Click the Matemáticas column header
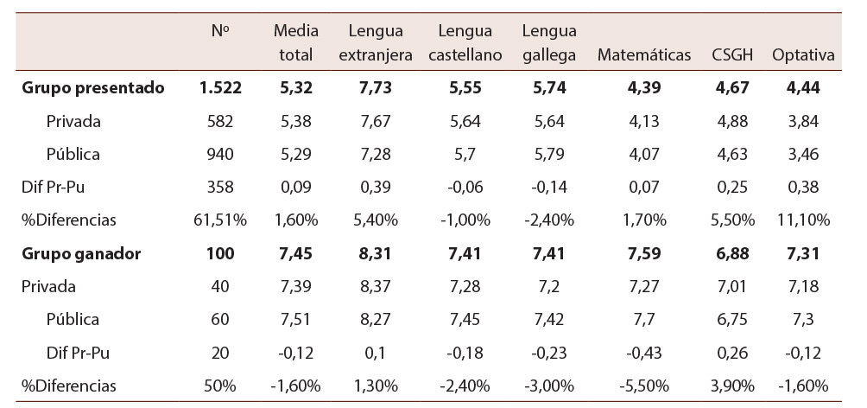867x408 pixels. (644, 55)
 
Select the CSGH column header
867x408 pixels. (732, 55)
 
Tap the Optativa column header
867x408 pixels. (803, 55)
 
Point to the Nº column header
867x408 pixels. (220, 31)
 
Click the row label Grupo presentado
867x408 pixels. (92, 88)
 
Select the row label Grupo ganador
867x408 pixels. (81, 254)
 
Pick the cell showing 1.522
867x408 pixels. (220, 88)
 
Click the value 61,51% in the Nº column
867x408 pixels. (220, 220)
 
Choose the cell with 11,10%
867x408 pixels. (803, 220)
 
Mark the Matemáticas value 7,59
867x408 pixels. (644, 254)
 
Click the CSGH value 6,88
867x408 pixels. (732, 254)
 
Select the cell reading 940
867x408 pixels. (220, 155)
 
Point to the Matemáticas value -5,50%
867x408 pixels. (644, 386)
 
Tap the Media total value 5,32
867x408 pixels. (296, 88)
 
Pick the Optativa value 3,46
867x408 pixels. (803, 155)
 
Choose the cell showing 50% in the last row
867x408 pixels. (220, 386)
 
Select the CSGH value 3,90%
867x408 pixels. (732, 386)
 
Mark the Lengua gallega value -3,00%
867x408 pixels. (550, 386)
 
